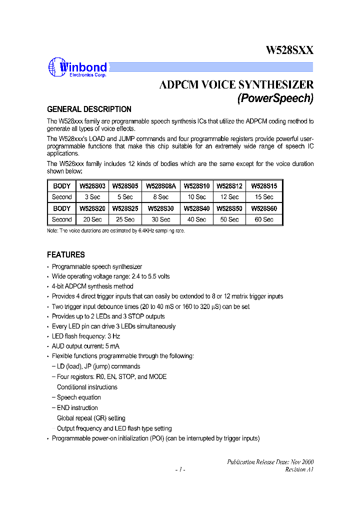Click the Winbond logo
pos(77,68)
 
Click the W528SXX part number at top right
pos(289,50)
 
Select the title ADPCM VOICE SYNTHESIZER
pos(236,84)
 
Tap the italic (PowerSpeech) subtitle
pos(275,98)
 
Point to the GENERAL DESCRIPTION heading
pos(89,109)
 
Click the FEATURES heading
pos(66,254)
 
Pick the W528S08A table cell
pos(160,185)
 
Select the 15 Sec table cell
pos(264,197)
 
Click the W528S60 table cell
pos(264,208)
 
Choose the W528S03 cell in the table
pos(92,185)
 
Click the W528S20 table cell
pos(92,208)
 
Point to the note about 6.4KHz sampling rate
pos(119,230)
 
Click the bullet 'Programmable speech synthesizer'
pos(97,267)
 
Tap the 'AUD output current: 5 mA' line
pos(85,346)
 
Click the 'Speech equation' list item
pos(79,397)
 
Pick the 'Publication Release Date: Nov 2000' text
pos(270,462)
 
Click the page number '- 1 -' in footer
pos(180,469)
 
